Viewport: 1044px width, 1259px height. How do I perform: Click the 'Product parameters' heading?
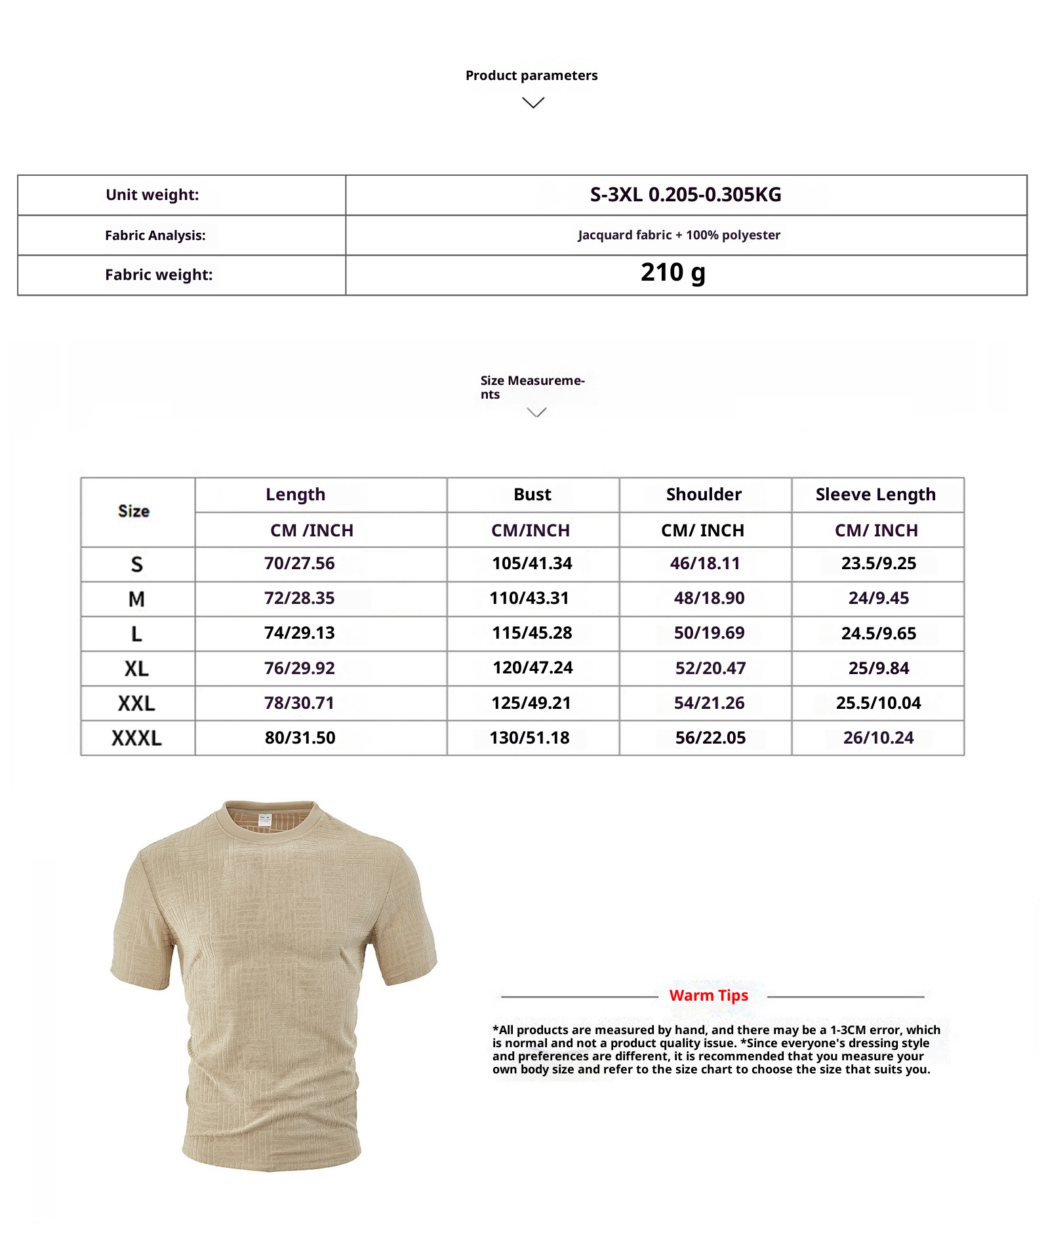tap(531, 75)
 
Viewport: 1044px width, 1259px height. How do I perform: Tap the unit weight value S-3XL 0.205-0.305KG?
tap(685, 195)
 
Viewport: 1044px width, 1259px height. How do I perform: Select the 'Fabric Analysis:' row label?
tap(155, 235)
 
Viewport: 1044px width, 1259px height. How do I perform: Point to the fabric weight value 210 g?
tap(673, 273)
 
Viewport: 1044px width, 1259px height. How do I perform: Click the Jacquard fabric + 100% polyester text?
tap(679, 235)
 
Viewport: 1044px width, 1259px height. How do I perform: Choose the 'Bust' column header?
tap(532, 494)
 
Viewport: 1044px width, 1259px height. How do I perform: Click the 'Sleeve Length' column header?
tap(875, 494)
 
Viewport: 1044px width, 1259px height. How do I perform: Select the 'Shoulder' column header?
tap(704, 494)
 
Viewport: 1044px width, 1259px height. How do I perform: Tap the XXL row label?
tap(136, 704)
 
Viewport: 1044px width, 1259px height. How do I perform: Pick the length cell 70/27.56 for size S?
tap(299, 563)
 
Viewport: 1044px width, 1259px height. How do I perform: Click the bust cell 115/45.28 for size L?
tap(532, 633)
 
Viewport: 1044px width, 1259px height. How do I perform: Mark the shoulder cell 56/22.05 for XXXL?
tap(710, 738)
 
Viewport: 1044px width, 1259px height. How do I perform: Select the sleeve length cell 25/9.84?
tap(879, 668)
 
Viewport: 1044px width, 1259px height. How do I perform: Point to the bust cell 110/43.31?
tap(529, 598)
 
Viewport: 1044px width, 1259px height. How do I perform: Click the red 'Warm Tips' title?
tap(708, 995)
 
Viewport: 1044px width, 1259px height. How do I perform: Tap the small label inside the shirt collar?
tap(265, 819)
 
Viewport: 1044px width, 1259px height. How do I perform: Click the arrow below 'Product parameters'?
tap(533, 103)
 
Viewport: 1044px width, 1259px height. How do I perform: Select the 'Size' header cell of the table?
tap(134, 511)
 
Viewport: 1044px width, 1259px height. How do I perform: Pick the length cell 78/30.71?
tap(299, 703)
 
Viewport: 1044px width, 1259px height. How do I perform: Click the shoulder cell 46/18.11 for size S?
tap(705, 563)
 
